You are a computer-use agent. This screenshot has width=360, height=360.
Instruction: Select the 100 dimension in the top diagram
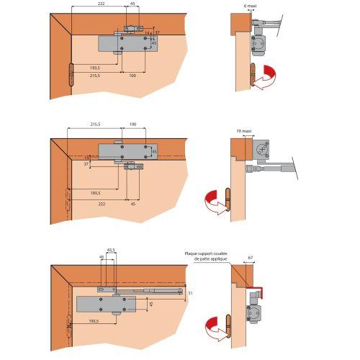[132, 75]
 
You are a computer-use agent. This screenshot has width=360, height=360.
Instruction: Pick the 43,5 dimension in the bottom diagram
[111, 251]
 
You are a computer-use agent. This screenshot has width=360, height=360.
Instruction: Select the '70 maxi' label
[245, 132]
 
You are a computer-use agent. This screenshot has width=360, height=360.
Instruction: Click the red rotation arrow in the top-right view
[269, 74]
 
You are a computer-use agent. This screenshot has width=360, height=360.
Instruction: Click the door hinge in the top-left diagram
[71, 76]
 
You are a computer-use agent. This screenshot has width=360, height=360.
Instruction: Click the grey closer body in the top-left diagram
[126, 44]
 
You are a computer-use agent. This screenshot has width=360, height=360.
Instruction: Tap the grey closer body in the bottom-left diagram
[106, 304]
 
